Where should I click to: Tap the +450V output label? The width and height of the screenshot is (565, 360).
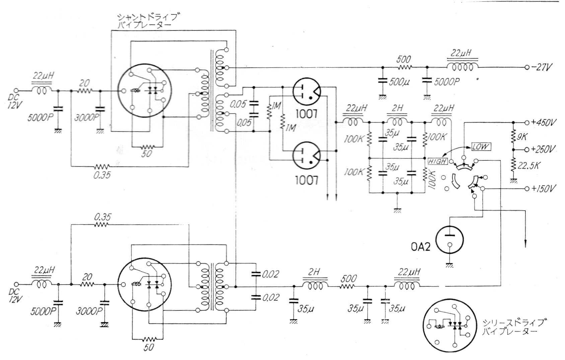pyautogui.click(x=543, y=122)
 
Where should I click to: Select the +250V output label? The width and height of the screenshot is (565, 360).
pyautogui.click(x=543, y=149)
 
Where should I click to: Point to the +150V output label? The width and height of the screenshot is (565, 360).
pyautogui.click(x=543, y=189)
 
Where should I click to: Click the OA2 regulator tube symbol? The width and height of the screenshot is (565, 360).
pyautogui.click(x=450, y=239)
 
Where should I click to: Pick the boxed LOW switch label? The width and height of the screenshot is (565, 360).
pyautogui.click(x=481, y=147)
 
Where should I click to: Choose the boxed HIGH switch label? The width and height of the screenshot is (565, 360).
pyautogui.click(x=438, y=161)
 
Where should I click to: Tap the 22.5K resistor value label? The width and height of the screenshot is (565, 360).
pyautogui.click(x=528, y=166)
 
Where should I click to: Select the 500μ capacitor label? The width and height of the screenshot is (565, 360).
pyautogui.click(x=399, y=82)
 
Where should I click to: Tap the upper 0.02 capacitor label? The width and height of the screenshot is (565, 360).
pyautogui.click(x=270, y=274)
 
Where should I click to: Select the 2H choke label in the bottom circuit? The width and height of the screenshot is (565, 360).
pyautogui.click(x=314, y=272)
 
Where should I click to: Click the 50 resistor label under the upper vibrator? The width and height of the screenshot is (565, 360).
pyautogui.click(x=147, y=154)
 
